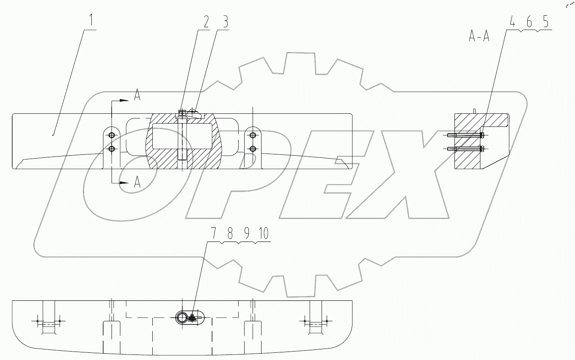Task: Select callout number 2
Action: [206, 22]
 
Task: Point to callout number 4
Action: [512, 22]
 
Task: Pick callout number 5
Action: [546, 22]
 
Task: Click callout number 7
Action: [214, 234]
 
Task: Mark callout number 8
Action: [230, 234]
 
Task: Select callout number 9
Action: [246, 234]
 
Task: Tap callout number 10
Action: [264, 234]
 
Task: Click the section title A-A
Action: [479, 37]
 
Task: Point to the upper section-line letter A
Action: [137, 96]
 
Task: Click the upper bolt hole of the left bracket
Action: [111, 135]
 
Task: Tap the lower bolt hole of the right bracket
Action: [253, 148]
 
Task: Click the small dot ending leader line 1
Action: [52, 135]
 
